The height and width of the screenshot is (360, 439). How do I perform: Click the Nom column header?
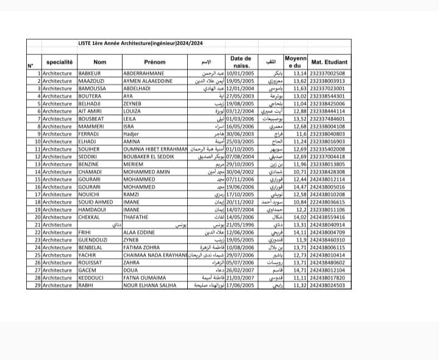click(x=100, y=62)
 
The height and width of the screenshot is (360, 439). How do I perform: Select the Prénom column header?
click(x=155, y=62)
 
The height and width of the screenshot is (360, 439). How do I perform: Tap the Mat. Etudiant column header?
click(x=329, y=62)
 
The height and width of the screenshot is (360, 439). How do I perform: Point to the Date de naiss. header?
click(x=241, y=62)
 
